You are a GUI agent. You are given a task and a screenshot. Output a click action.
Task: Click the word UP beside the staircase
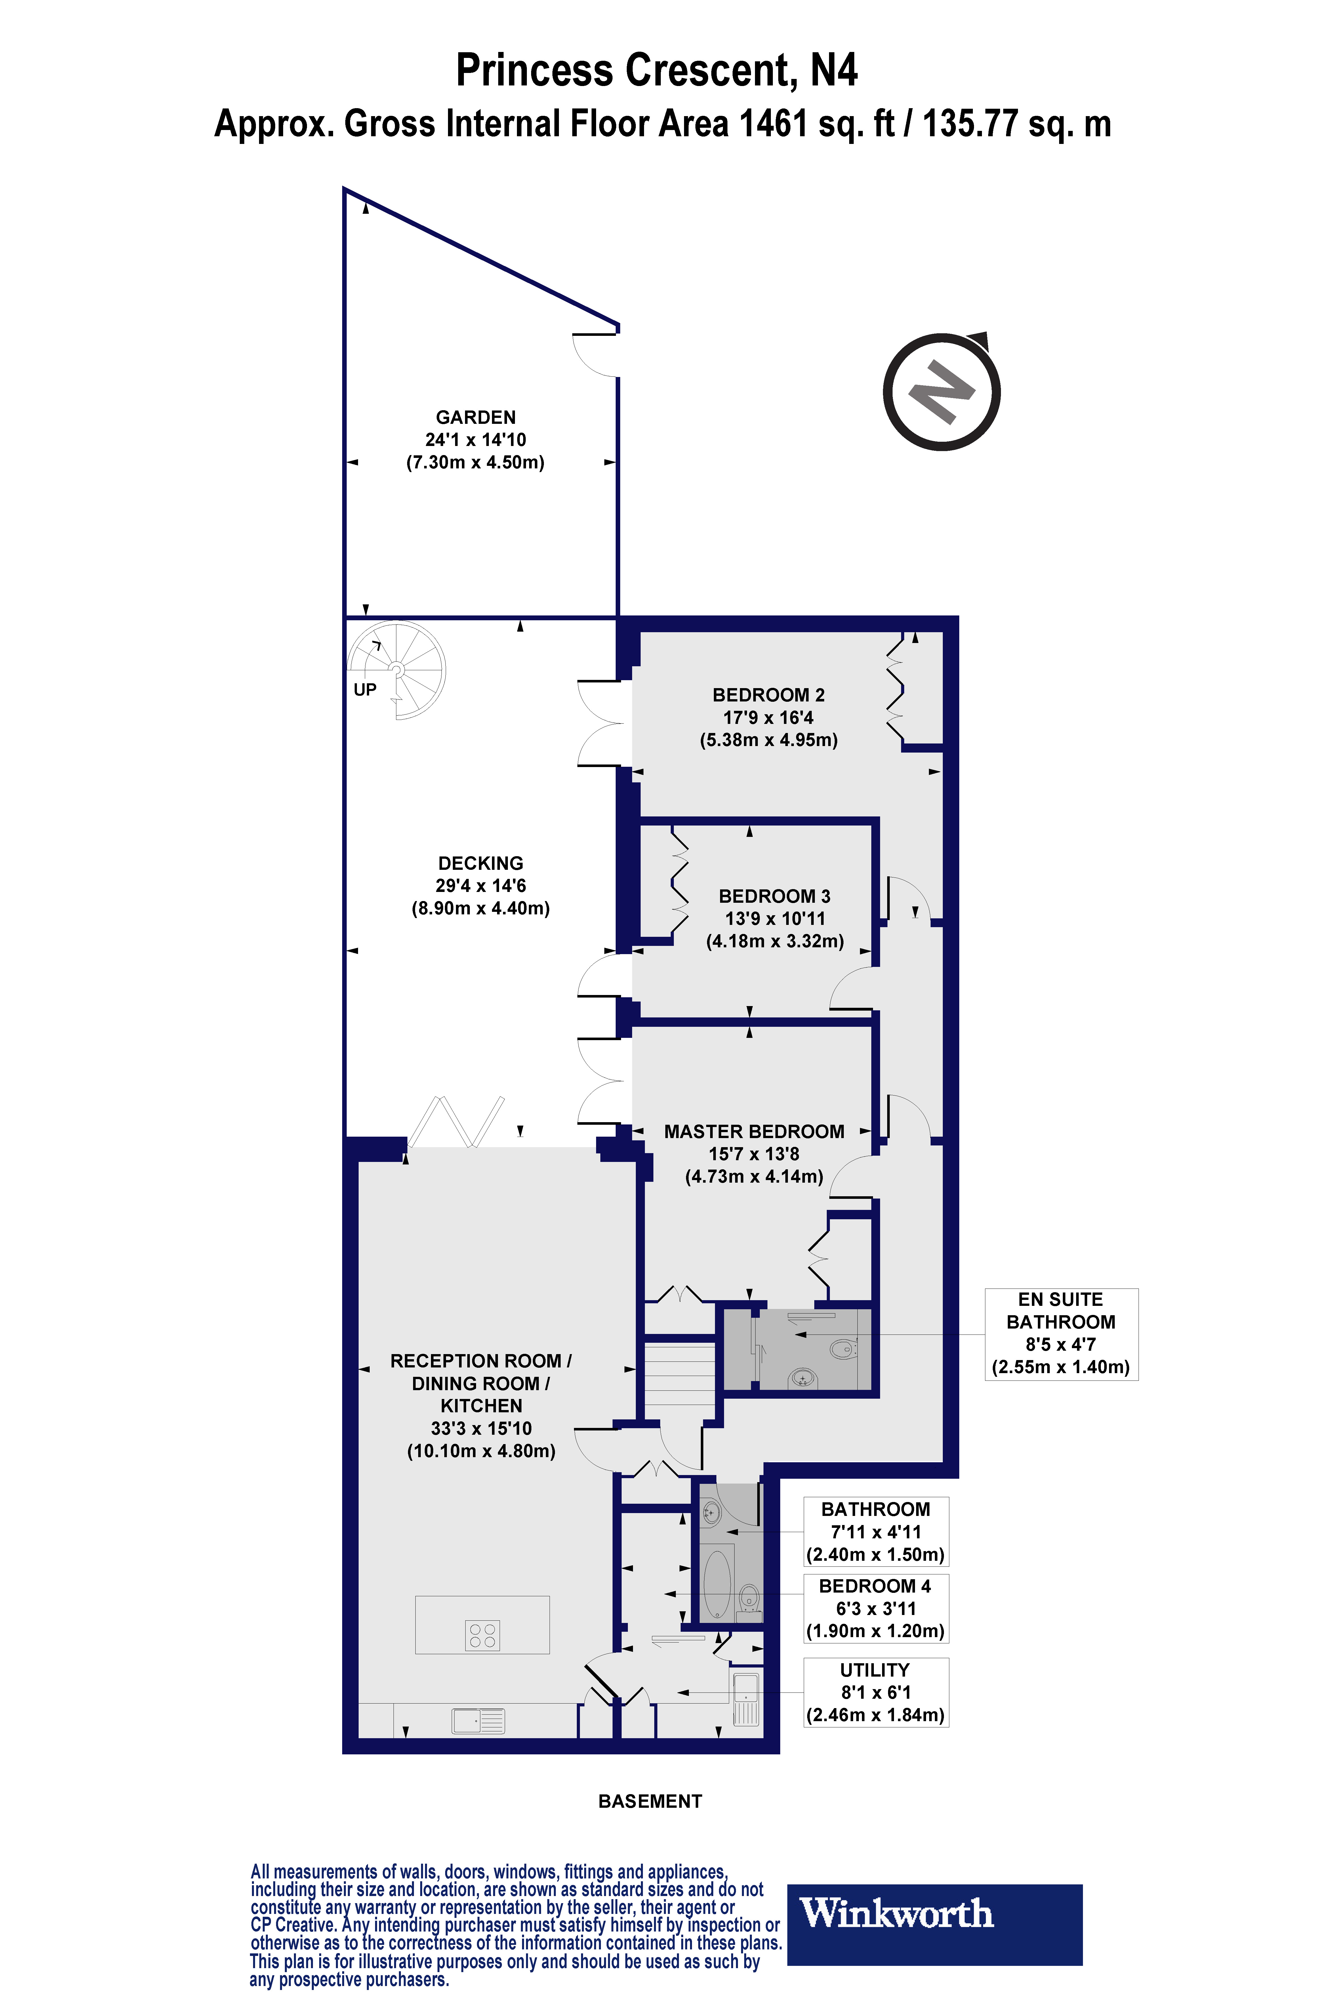coord(365,690)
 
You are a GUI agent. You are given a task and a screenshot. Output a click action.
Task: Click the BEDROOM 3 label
coord(774,896)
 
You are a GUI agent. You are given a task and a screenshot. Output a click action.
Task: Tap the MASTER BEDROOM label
coord(754,1131)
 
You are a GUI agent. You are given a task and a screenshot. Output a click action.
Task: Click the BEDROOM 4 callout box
coord(875,1608)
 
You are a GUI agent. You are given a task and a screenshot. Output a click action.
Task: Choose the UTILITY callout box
coord(875,1692)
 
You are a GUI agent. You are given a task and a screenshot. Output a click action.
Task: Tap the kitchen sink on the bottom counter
coord(479,1720)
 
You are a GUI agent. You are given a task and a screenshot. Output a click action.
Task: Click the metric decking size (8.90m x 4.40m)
coord(480,908)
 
